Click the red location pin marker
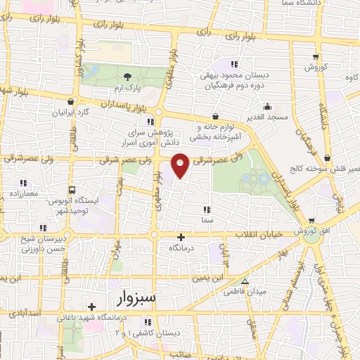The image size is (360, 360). coord(180,165)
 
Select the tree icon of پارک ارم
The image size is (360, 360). coord(127,77)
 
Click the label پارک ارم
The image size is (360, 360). coord(127,89)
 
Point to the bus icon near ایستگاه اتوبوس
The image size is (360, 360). coord(72,190)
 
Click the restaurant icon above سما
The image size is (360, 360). coord(207,209)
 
